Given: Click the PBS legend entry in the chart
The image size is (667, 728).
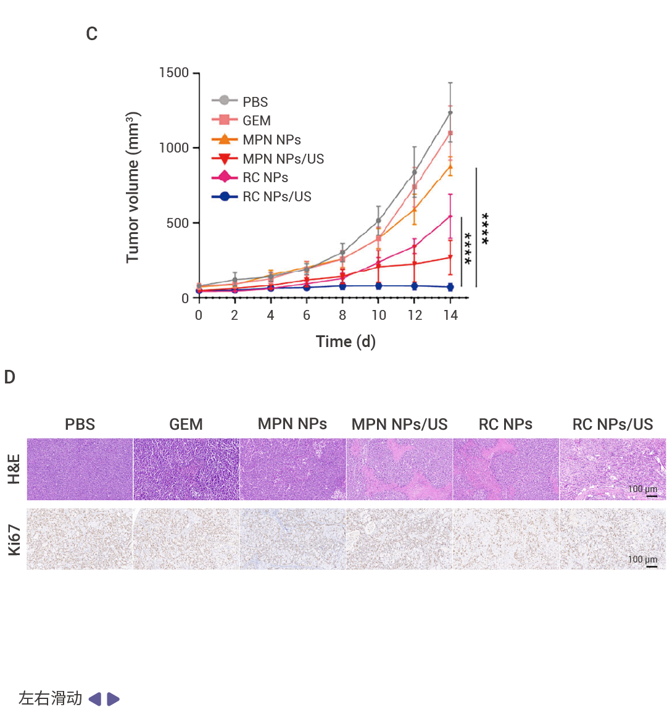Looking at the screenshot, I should tap(254, 102).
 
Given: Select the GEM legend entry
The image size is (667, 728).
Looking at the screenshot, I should tap(256, 120).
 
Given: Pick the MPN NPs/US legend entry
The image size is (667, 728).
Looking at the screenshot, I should tap(283, 159).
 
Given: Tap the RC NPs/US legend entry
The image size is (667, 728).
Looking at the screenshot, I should tap(276, 196).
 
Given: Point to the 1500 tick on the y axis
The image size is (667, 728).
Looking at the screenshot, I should tap(174, 73).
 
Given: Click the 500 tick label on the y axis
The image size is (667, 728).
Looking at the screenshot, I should tap(178, 223).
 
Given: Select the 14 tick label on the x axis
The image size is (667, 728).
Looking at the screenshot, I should tap(450, 316).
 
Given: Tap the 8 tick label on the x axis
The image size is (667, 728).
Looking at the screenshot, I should tap(342, 316).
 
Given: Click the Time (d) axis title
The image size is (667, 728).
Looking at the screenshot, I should tap(346, 341).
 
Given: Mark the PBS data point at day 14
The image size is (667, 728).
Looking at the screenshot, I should tap(450, 113).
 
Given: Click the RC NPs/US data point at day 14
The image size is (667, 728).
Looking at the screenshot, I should tap(450, 287).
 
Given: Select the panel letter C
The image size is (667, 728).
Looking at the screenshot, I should tap(92, 34).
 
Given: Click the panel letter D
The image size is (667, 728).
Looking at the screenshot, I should tap(9, 377).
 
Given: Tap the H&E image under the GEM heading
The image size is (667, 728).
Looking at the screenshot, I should tap(186, 469).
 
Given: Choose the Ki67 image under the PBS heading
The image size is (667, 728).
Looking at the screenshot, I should tap(80, 539).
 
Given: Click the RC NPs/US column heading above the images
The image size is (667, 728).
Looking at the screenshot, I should tap(613, 424).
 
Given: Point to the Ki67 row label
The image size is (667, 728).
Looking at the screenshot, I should tap(14, 540).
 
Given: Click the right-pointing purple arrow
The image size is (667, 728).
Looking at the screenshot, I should tap(114, 699).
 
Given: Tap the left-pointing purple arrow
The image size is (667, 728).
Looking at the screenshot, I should tap(95, 699).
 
